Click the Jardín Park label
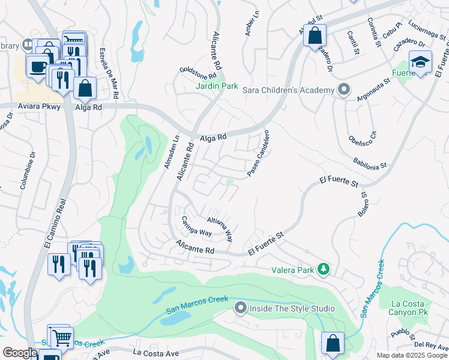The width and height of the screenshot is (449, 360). coord(217,86)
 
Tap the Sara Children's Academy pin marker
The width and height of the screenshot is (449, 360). coord(343,90)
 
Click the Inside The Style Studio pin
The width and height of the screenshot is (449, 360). coord(240,308)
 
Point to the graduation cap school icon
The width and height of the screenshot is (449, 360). coord(420,62)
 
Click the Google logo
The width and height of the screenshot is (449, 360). coord(19,353)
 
